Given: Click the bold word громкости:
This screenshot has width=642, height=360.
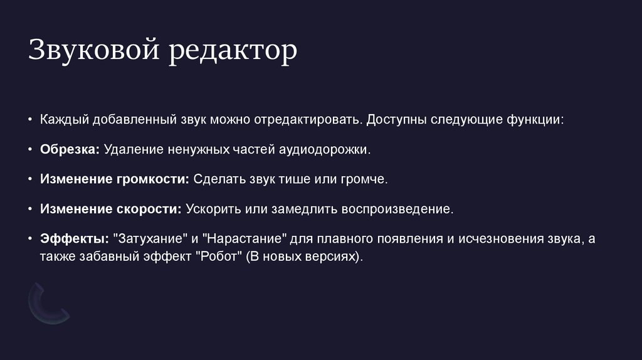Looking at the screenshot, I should [x=152, y=180].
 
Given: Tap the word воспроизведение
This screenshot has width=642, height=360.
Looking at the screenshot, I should [x=397, y=209].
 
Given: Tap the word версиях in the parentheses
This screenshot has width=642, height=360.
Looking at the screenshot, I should [x=335, y=257].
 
